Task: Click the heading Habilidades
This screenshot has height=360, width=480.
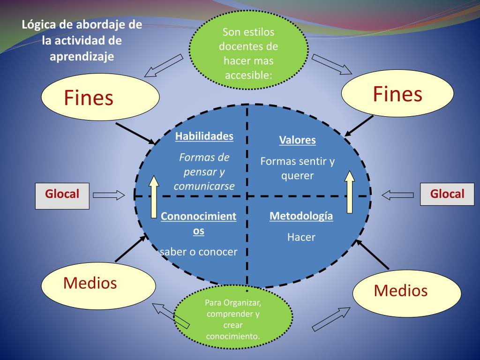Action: click(x=204, y=136)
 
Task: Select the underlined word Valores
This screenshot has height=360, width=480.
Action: click(x=297, y=140)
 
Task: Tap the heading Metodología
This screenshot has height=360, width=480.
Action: click(x=301, y=216)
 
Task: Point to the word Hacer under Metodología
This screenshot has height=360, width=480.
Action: click(x=301, y=237)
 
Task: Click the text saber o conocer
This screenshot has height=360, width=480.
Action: click(x=199, y=252)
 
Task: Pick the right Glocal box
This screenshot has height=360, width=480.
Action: click(x=447, y=194)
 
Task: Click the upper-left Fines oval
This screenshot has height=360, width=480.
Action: click(x=100, y=97)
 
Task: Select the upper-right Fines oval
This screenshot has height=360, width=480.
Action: click(x=397, y=94)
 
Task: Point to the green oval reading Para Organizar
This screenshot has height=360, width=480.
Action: click(x=232, y=319)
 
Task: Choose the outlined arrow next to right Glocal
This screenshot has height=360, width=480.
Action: click(x=398, y=194)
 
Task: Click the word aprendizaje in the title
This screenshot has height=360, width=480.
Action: click(x=82, y=56)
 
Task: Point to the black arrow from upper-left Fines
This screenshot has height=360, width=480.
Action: click(x=135, y=134)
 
